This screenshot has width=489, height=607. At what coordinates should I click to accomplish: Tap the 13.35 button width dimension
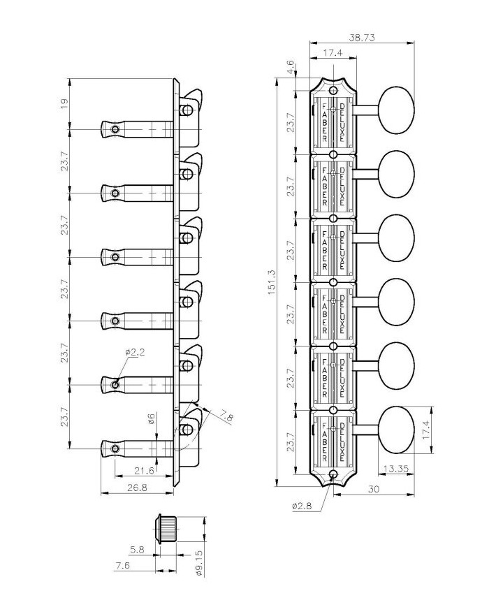tap(396, 468)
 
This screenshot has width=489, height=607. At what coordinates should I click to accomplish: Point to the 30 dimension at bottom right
tap(373, 490)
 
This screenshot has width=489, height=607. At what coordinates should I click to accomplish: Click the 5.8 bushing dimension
tap(137, 550)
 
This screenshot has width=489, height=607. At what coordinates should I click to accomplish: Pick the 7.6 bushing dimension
tap(123, 566)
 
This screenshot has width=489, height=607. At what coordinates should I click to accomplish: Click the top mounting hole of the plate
tap(333, 89)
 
